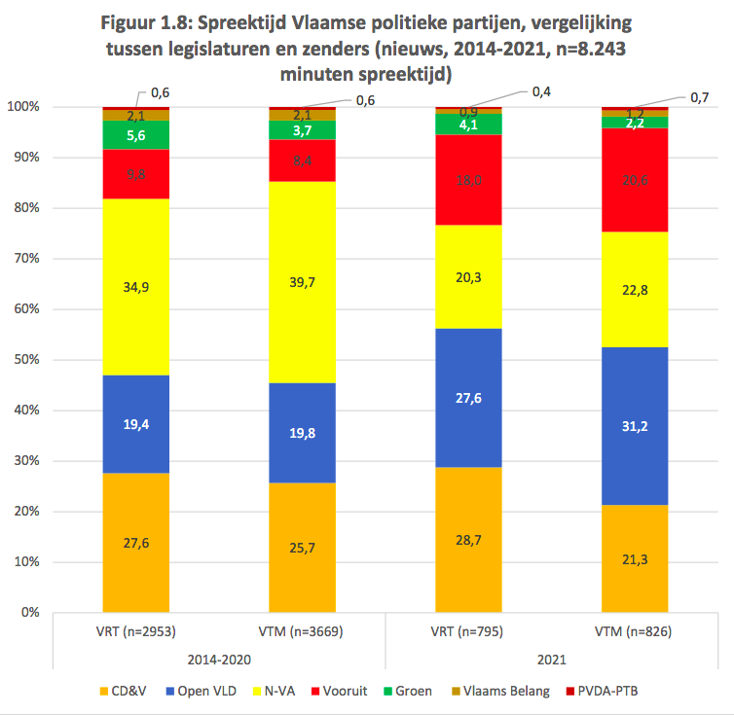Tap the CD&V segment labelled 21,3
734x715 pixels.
coord(635,558)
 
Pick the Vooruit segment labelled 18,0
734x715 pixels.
coord(468,179)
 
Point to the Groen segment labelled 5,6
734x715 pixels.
coord(136,135)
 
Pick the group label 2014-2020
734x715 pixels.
coord(219,659)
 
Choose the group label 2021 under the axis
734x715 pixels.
coord(551,659)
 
